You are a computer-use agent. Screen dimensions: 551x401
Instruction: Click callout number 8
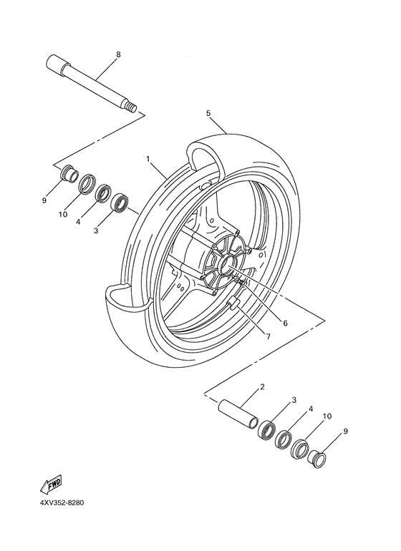pos(118,54)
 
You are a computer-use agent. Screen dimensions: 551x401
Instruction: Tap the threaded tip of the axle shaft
pos(131,107)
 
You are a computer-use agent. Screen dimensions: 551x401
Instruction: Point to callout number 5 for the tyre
pos(208,113)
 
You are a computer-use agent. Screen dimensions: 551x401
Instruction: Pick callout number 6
pos(284,323)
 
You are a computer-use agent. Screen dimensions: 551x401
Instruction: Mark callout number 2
pos(262,387)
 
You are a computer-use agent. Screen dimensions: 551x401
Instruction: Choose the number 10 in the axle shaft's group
pos(63,214)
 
